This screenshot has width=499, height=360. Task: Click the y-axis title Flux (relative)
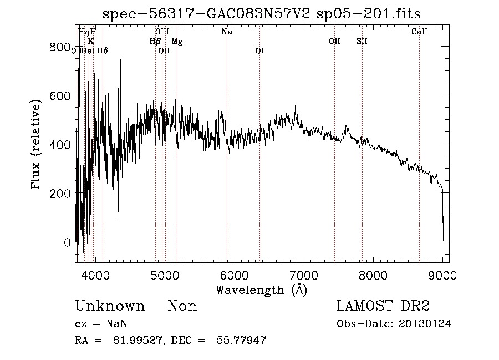pyautogui.click(x=37, y=145)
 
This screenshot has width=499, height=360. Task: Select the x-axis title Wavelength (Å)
pyautogui.click(x=261, y=290)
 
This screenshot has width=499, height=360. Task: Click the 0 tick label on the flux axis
pyautogui.click(x=67, y=242)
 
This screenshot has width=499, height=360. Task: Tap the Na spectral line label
pyautogui.click(x=227, y=32)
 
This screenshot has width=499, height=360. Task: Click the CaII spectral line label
pyautogui.click(x=419, y=32)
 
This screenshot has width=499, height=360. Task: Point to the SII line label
pyautogui.click(x=361, y=41)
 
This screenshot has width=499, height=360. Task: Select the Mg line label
pyautogui.click(x=177, y=42)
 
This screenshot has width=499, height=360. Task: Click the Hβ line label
pyautogui.click(x=155, y=41)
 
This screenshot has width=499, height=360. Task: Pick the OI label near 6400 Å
pyautogui.click(x=259, y=51)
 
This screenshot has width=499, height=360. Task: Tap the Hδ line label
pyautogui.click(x=103, y=51)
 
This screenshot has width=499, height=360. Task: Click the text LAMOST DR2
pyautogui.click(x=383, y=306)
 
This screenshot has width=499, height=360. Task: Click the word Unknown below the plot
pyautogui.click(x=110, y=306)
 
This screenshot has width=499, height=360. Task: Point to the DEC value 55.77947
pyautogui.click(x=241, y=341)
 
